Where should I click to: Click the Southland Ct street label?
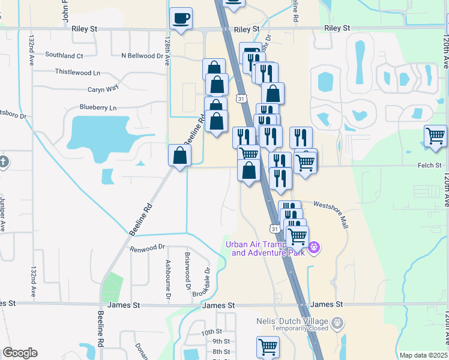tap(64, 56)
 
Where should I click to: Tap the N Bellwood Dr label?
tap(142, 56)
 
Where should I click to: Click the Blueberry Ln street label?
tap(98, 107)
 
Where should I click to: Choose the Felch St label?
tap(429, 165)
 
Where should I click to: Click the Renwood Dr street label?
tap(147, 247)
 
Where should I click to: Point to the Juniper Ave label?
tap(2, 214)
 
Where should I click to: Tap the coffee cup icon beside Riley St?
tap(181, 18)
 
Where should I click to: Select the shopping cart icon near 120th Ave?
tap(435, 135)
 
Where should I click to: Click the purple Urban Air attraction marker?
tap(313, 247)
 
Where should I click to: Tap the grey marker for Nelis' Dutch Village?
tap(337, 322)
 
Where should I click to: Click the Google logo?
tap(20, 353)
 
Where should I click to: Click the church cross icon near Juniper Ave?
tap(3, 162)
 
